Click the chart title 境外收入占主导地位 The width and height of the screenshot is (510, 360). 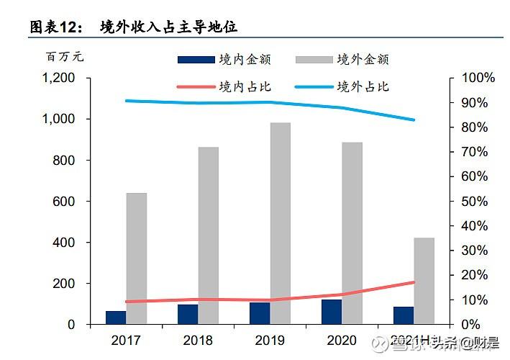pyautogui.click(x=169, y=27)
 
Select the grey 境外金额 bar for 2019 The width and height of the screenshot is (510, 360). pyautogui.click(x=281, y=223)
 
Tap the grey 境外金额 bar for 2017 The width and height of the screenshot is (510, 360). pyautogui.click(x=136, y=258)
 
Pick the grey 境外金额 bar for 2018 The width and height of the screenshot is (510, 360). pyautogui.click(x=209, y=235)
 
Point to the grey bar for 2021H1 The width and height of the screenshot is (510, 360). pyautogui.click(x=424, y=281)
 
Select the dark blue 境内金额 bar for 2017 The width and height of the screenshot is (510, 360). pyautogui.click(x=116, y=318)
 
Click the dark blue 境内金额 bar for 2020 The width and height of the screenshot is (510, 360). pyautogui.click(x=332, y=312)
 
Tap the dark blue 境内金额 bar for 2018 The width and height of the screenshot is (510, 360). pyautogui.click(x=188, y=315)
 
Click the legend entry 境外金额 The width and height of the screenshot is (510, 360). pyautogui.click(x=363, y=60)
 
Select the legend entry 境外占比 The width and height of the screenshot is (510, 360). pyautogui.click(x=363, y=87)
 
